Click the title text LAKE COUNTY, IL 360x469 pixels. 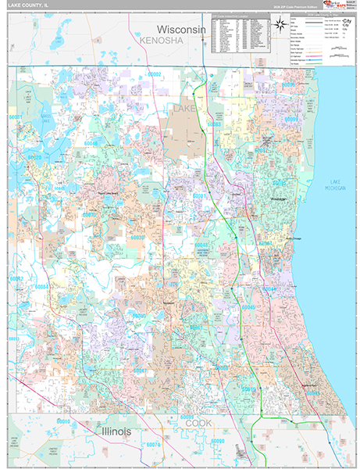coord(27,5)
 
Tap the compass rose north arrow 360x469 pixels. coord(277,27)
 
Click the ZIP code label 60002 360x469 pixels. coord(155,74)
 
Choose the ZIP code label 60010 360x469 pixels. coord(64,421)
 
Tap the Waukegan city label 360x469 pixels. coord(279,200)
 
